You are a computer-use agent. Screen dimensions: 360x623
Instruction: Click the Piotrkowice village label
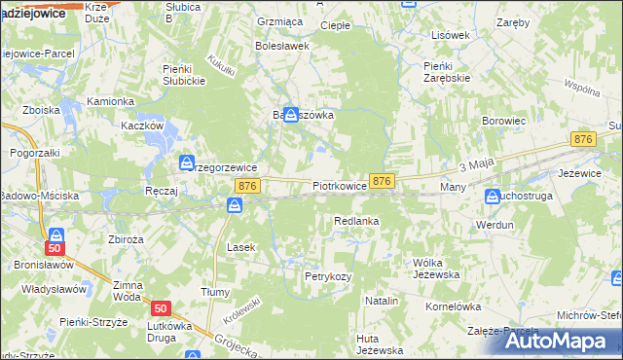click(x=340, y=185)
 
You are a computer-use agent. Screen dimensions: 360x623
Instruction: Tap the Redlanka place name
click(x=355, y=222)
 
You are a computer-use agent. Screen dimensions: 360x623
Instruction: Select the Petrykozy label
click(x=327, y=276)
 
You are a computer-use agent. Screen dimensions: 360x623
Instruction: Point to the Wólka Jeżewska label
click(x=435, y=269)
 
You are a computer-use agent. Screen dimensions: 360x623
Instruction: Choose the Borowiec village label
click(x=504, y=121)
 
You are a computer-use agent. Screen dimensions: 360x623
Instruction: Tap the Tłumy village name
click(x=214, y=292)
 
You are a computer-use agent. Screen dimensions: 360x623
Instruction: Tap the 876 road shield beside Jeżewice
click(x=583, y=140)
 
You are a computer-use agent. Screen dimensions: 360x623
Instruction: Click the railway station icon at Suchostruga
click(x=493, y=198)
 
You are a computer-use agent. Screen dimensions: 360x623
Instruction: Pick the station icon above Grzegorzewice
click(x=186, y=162)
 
